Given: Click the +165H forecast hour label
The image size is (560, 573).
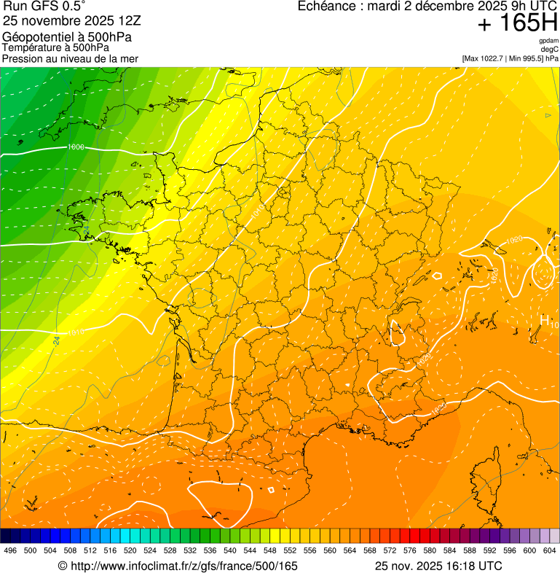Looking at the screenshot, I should tap(517, 23).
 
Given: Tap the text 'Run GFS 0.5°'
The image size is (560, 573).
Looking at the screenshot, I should tap(44, 7).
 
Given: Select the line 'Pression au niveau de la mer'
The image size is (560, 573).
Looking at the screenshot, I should tap(70, 58).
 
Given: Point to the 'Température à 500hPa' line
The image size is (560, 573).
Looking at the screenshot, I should tap(55, 48).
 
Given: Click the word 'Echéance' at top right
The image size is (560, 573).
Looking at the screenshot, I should tap(328, 6).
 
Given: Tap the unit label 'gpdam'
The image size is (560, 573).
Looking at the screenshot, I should tap(548, 41).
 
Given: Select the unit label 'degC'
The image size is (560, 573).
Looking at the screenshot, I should tap(551, 49).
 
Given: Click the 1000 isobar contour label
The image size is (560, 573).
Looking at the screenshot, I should tap(74, 147).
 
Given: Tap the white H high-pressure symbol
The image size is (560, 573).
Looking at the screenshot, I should tap(544, 320).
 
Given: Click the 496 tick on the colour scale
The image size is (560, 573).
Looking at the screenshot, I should tap(10, 550).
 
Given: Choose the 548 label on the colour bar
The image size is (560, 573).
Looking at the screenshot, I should tap(271, 550).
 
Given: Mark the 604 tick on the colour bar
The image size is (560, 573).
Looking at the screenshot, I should tap(550, 550).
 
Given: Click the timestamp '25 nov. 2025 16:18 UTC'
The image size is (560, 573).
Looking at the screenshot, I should tap(438, 566).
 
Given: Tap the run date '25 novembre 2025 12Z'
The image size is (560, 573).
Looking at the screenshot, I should tap(71, 20).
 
